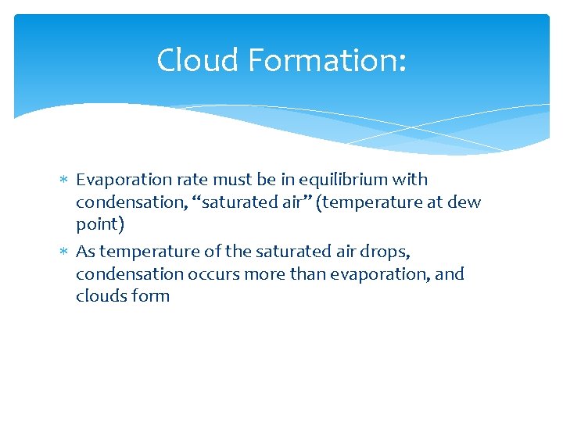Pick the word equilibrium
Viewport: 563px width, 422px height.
coord(350,180)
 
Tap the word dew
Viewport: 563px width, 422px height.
coord(465,202)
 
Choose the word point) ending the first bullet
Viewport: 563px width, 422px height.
coord(99,225)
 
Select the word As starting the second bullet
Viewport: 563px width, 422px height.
coord(85,252)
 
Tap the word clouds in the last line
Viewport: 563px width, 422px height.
coord(100,296)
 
